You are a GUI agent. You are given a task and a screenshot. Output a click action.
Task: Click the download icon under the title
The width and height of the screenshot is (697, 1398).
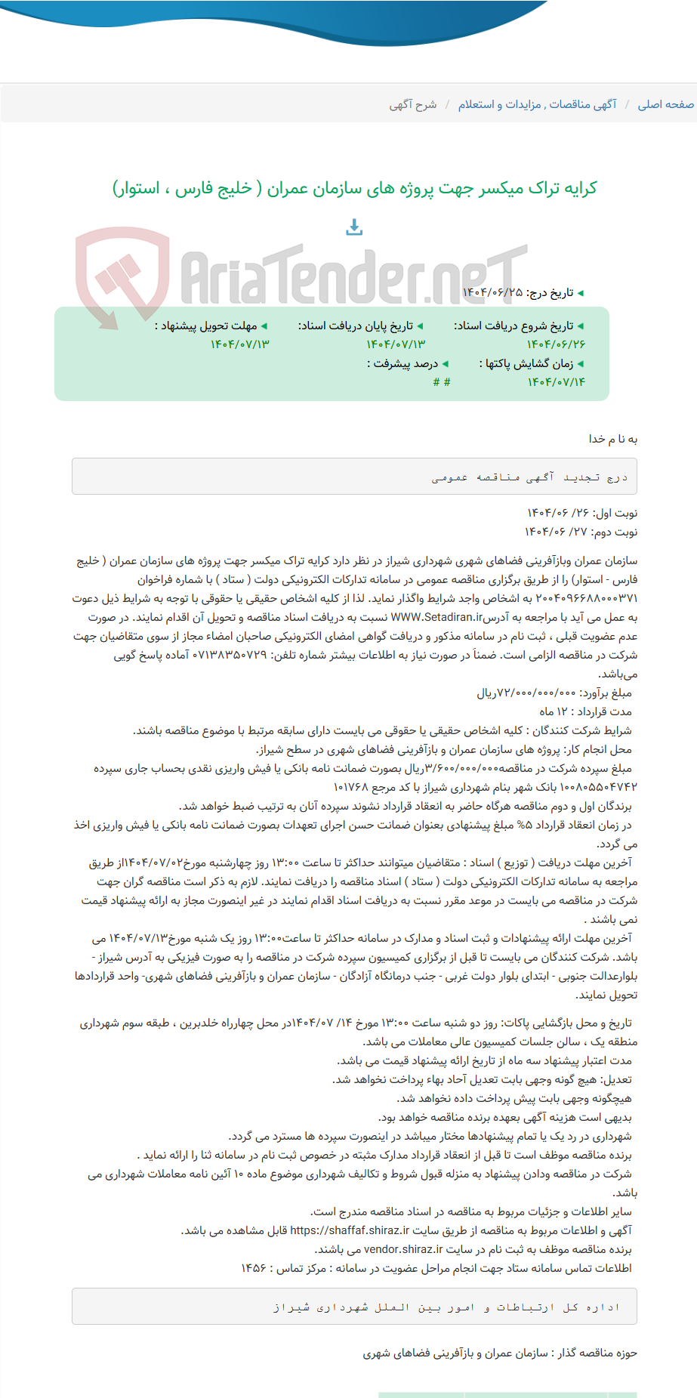click(354, 227)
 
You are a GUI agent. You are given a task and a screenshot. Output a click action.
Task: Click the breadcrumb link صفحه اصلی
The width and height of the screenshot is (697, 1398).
click(665, 104)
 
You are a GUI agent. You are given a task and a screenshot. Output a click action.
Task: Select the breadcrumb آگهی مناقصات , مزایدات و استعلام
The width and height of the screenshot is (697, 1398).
click(537, 104)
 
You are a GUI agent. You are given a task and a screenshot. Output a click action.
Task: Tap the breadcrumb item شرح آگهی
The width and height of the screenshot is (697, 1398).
click(413, 104)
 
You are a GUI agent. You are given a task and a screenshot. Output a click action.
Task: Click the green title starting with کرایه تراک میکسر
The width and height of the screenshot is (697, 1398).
click(354, 188)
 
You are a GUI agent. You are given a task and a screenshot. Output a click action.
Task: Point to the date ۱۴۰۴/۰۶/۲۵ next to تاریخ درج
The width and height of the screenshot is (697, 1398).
click(492, 292)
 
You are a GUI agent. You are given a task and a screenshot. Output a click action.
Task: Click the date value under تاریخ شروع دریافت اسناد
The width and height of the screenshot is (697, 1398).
click(556, 344)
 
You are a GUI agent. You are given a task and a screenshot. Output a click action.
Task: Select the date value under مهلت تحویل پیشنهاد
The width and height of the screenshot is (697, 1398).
click(239, 344)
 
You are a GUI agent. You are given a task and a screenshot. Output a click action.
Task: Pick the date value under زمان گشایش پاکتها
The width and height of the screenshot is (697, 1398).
click(556, 382)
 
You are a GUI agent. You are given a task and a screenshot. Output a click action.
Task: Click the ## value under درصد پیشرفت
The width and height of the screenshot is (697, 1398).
click(442, 382)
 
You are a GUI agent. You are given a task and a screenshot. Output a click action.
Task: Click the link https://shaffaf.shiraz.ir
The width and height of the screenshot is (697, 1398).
click(350, 1230)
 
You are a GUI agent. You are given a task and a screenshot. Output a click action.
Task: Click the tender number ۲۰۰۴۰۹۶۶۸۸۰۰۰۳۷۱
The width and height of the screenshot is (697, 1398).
click(586, 598)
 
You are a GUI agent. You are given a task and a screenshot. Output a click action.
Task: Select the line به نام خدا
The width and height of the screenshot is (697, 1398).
click(612, 439)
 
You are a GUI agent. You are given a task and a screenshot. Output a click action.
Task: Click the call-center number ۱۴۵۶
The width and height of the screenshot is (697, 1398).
click(254, 1268)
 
